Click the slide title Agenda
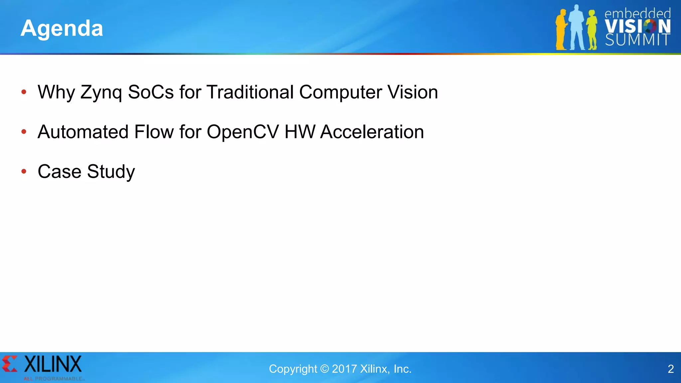[x=62, y=28]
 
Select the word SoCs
[x=151, y=92]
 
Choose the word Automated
[x=83, y=132]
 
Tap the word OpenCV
[x=243, y=132]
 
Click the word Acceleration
[x=372, y=132]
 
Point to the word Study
[x=111, y=172]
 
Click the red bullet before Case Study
[x=24, y=172]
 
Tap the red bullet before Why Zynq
[x=24, y=92]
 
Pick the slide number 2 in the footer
[x=671, y=369]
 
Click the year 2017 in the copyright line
[x=344, y=369]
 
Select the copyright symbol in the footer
[x=325, y=369]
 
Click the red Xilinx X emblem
[x=9, y=364]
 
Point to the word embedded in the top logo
[x=637, y=14]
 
